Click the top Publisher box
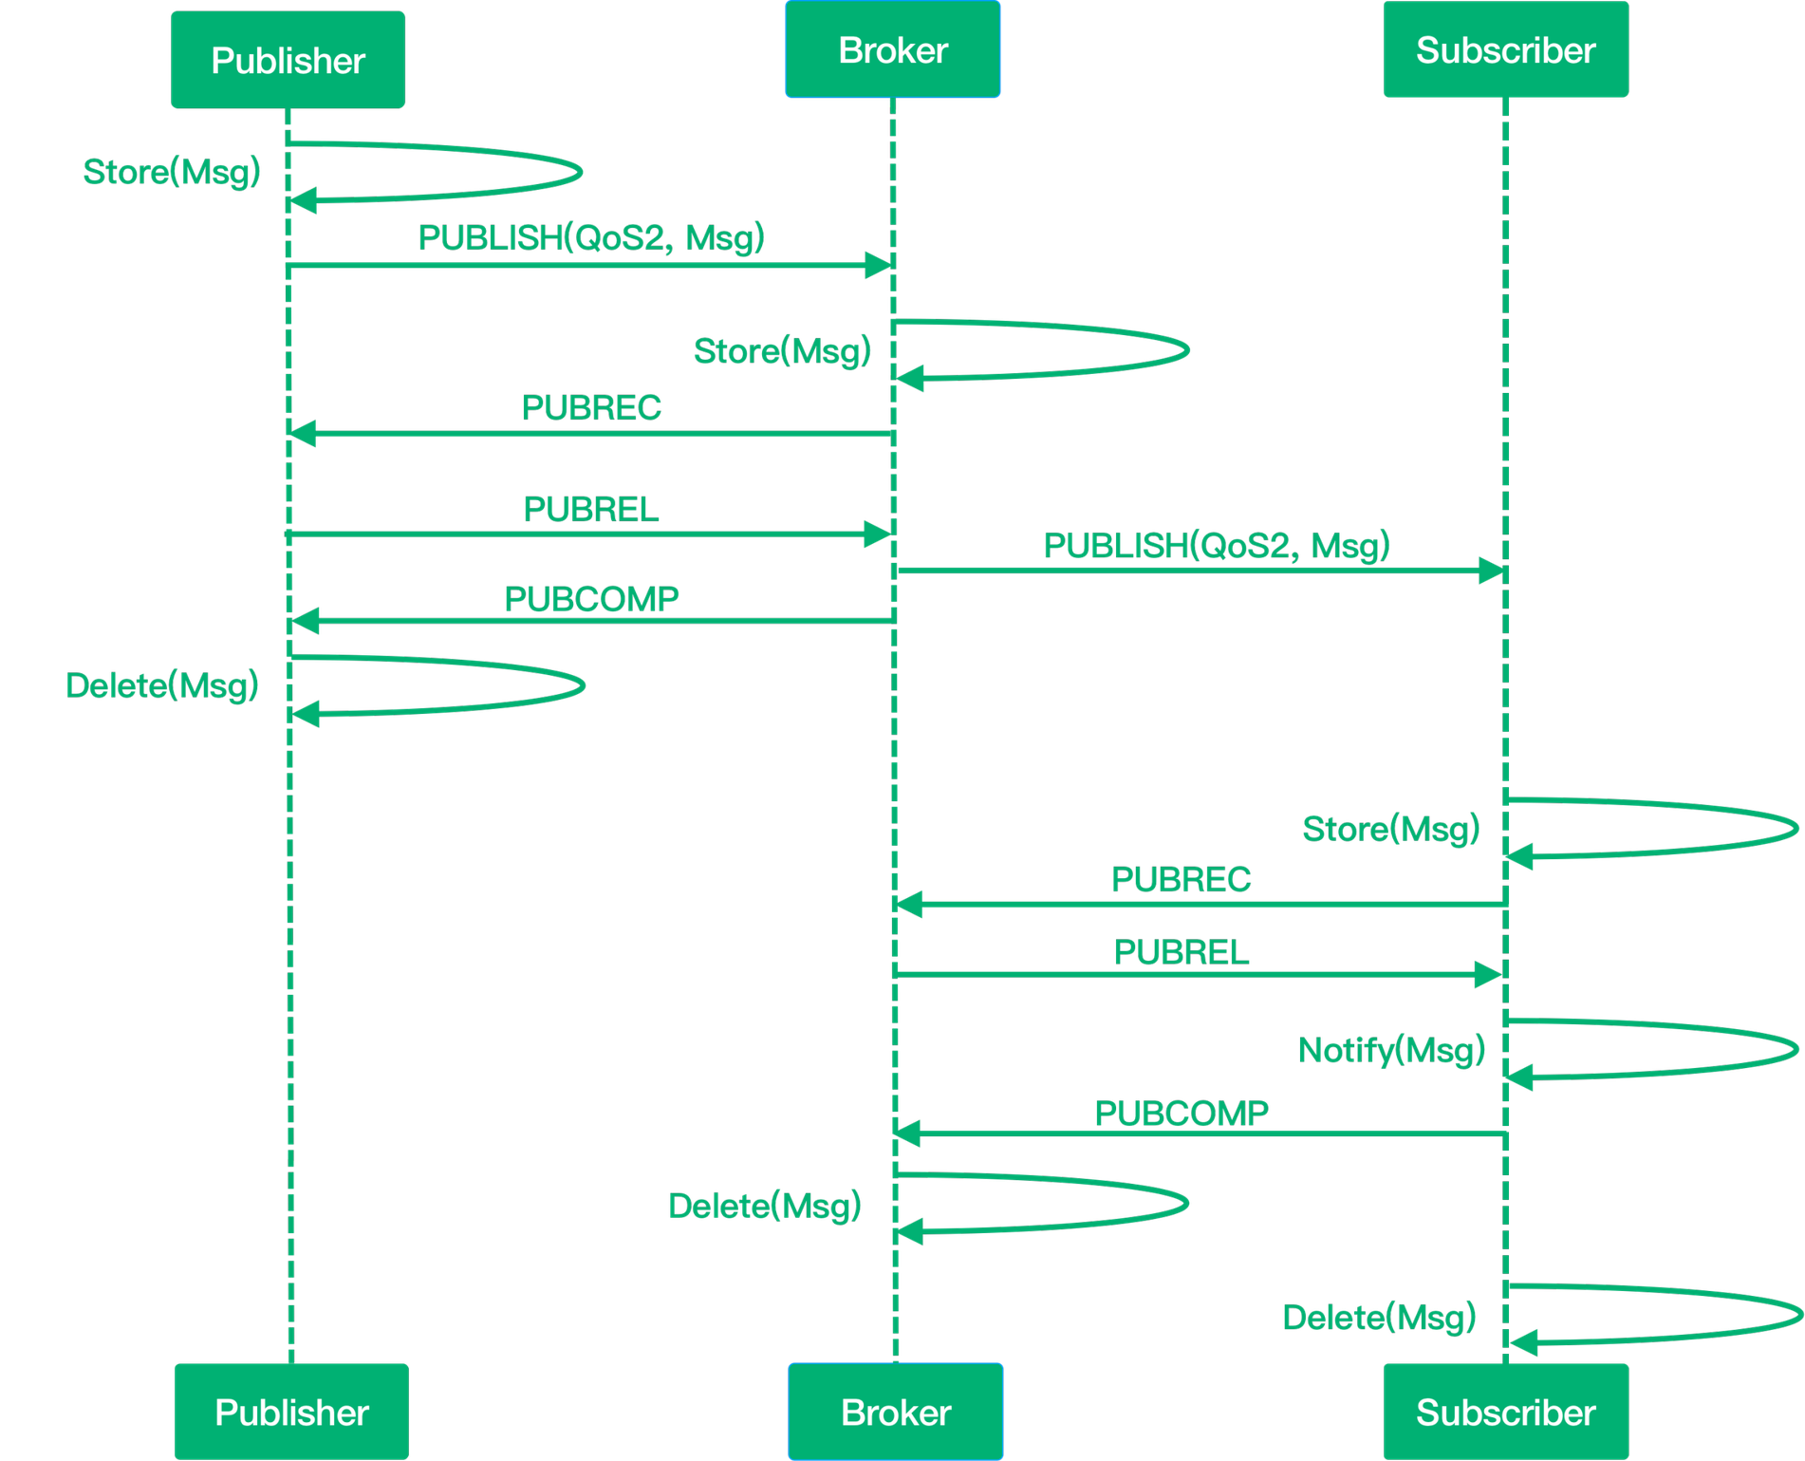tap(288, 61)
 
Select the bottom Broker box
tap(895, 1412)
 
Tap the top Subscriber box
tap(1505, 50)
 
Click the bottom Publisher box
tap(291, 1412)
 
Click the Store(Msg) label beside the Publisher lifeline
tap(172, 172)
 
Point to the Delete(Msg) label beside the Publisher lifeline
tap(162, 685)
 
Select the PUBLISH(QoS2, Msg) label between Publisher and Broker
tap(590, 237)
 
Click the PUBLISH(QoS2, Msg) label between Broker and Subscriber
tap(1216, 546)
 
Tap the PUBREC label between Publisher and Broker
tap(591, 407)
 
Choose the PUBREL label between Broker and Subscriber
tap(1182, 951)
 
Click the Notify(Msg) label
tap(1391, 1050)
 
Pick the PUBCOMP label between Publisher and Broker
tap(591, 599)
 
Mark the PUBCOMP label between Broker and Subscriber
tap(1181, 1113)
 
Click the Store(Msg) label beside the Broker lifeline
tap(782, 351)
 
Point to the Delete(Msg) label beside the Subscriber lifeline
tap(1380, 1317)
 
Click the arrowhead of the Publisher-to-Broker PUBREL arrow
tap(876, 534)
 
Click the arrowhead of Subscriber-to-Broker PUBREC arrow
tap(910, 905)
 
